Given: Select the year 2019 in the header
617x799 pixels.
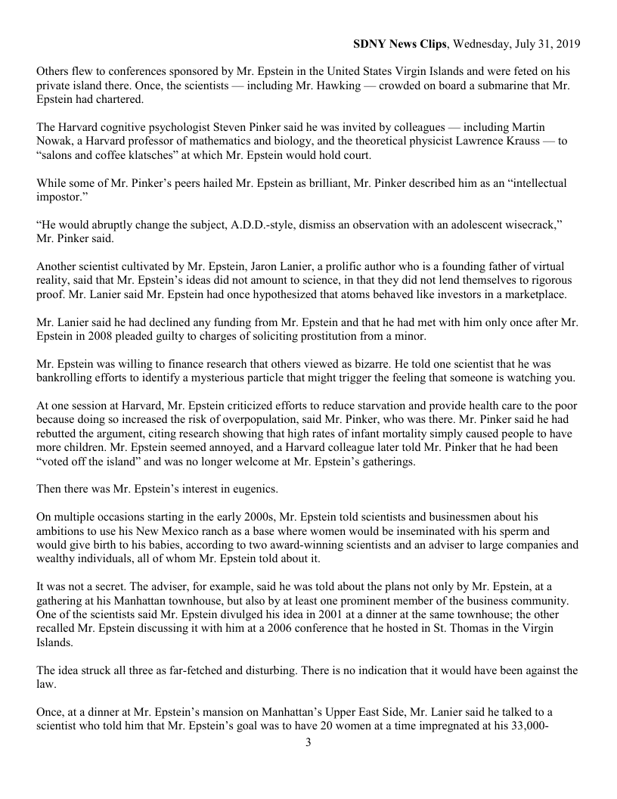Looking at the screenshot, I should point(566,44).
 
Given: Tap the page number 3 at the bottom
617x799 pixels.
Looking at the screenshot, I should point(308,742).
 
